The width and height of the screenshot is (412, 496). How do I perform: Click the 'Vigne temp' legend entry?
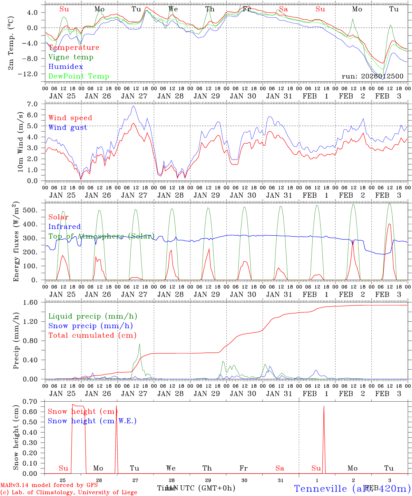coord(71,57)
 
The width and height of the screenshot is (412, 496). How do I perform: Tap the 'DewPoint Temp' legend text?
coord(79,76)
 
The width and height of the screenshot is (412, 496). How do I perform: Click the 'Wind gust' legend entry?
coord(68,127)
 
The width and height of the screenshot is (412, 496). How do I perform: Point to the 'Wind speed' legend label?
coord(70,118)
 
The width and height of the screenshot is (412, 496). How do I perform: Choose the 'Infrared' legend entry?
coord(65,227)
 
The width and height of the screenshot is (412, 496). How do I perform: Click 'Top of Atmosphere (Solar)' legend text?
coord(101,236)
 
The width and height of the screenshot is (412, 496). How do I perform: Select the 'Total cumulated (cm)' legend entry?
coord(92,335)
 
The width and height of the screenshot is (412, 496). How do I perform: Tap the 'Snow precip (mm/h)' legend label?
coord(90,326)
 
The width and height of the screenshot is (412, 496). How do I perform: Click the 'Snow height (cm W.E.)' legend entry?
coord(92,421)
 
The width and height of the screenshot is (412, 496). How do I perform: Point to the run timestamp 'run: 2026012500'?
coord(372,76)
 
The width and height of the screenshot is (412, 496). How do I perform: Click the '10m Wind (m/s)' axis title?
coord(21,142)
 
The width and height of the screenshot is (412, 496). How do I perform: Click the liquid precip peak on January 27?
coord(139,344)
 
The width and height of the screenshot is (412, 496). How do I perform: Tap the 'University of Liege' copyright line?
coord(69,493)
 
